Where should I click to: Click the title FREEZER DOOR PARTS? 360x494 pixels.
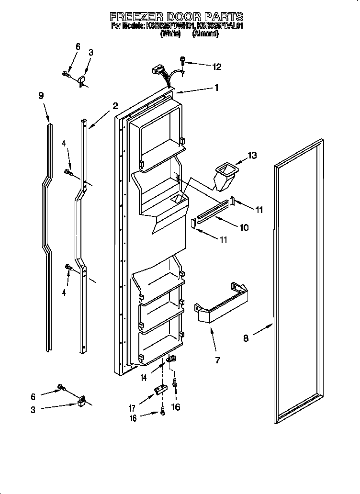coord(177,17)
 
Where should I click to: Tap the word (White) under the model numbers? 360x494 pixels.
coord(170,34)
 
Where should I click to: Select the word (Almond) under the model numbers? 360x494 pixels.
coord(205,34)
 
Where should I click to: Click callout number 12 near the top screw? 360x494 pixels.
coord(217,67)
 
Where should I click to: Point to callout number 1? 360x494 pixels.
coord(217,88)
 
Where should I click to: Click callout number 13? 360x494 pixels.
coord(252,155)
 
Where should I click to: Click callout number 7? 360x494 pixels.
coord(217,360)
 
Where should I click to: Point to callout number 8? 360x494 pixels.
coord(246,338)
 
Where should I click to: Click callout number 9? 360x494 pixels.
coord(41,95)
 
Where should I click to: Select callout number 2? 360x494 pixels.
coord(115,106)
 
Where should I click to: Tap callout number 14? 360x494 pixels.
coord(143,378)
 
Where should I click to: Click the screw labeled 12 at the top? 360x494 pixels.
coord(183,60)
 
